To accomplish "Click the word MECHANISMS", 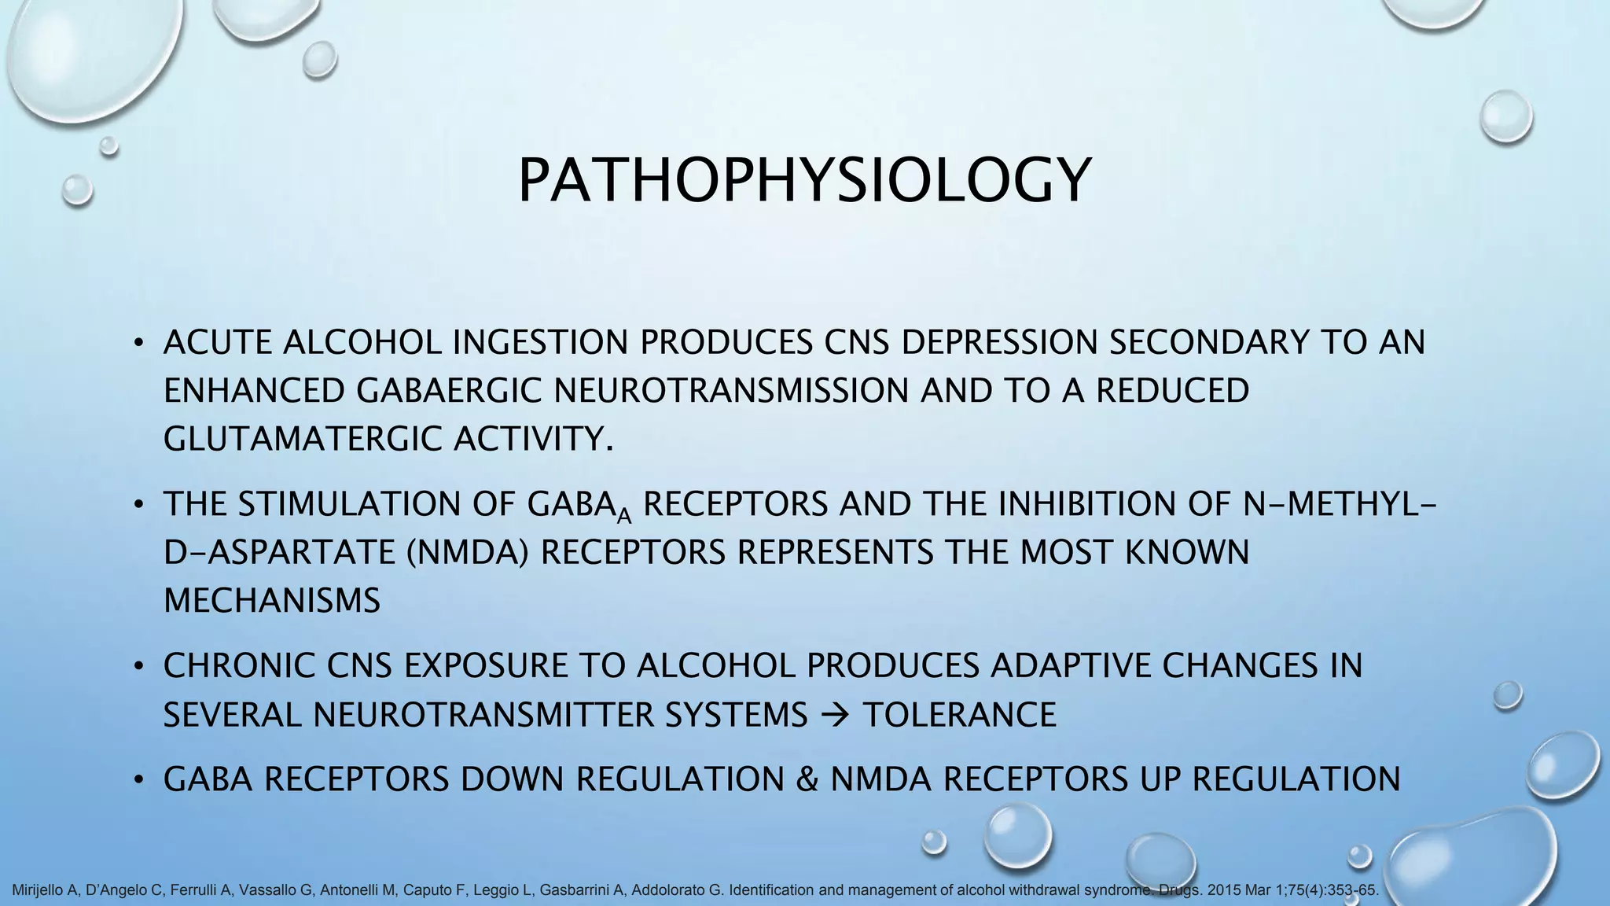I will pos(272,601).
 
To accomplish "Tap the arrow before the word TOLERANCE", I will pos(835,715).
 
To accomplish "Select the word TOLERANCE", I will pos(959,715).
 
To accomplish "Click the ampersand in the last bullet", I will pos(807,779).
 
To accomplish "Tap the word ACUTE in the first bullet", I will pos(217,342).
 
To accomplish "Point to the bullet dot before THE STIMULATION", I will pos(138,504).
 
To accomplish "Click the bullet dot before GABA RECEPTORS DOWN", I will pos(138,780).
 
